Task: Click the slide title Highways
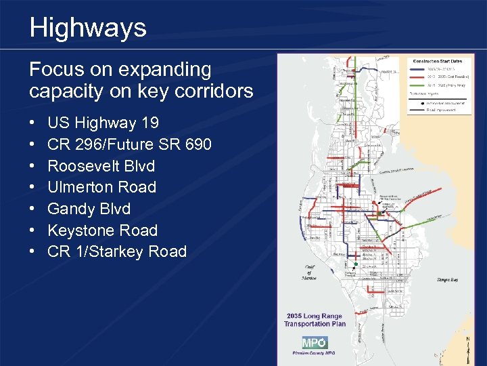(x=88, y=28)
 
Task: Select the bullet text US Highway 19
(x=103, y=123)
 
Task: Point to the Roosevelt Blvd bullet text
(x=101, y=166)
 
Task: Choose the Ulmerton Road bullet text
(x=102, y=187)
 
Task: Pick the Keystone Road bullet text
(x=103, y=230)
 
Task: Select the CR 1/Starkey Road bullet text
(x=117, y=251)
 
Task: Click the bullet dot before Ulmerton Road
(x=33, y=188)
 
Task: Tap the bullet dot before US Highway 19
(x=33, y=123)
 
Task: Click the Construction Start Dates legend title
(x=438, y=62)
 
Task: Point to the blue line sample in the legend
(x=417, y=68)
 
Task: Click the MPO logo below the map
(x=315, y=342)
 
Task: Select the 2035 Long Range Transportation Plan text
(x=315, y=320)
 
